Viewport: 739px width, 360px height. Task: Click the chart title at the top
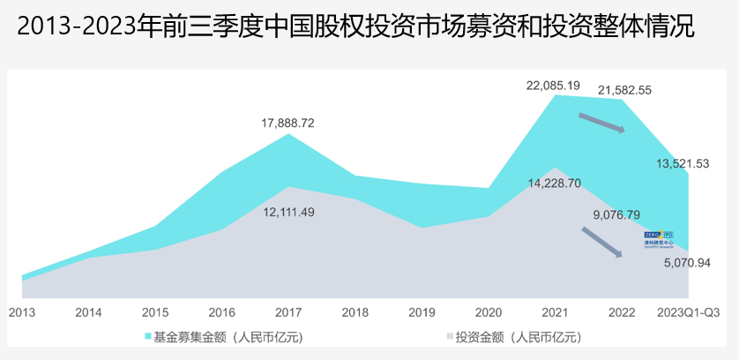(355, 27)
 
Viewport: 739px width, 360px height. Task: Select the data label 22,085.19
(553, 86)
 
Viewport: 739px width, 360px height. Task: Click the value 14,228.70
(554, 184)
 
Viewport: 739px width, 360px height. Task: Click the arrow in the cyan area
(601, 123)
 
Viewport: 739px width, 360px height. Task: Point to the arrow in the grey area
(602, 242)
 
